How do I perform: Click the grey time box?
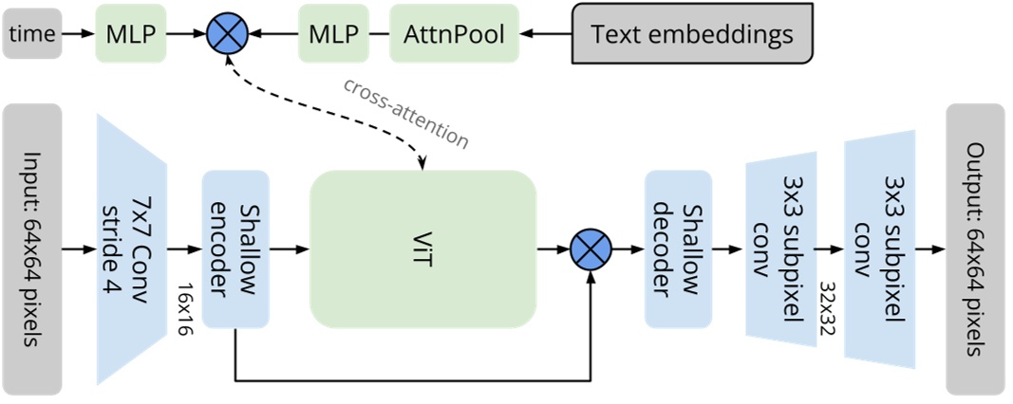[x=32, y=34]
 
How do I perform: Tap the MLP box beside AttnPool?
[x=333, y=34]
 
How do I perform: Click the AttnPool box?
[x=454, y=34]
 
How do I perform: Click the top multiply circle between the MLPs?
[x=227, y=34]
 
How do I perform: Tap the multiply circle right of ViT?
[x=591, y=251]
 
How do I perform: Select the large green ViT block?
[x=422, y=249]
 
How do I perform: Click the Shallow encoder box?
[x=235, y=249]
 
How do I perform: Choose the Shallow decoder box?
[x=678, y=249]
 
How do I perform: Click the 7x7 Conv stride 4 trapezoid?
[x=132, y=249]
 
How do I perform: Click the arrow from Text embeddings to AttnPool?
[x=546, y=34]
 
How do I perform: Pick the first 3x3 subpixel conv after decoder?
[x=780, y=249]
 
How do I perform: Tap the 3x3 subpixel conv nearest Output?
[x=881, y=249]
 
